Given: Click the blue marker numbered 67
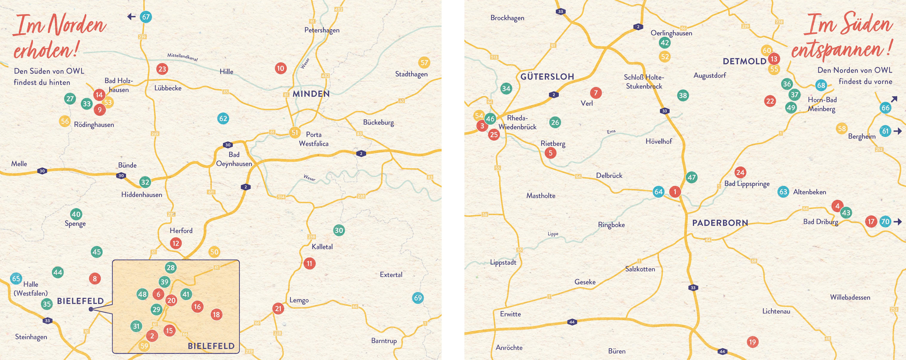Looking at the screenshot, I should tap(146, 17).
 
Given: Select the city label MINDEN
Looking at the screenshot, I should tap(311, 94).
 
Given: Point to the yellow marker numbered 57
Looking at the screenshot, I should tap(424, 63).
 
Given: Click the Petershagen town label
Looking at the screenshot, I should tap(322, 30).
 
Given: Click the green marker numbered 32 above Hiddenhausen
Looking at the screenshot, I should tap(145, 182).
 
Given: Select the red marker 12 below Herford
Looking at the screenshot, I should tap(176, 243).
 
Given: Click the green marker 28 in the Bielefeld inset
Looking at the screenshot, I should tap(171, 268).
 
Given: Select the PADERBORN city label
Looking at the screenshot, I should tap(720, 223).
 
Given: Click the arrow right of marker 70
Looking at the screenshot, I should tap(898, 222).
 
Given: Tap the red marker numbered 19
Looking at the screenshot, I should tap(752, 342).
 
